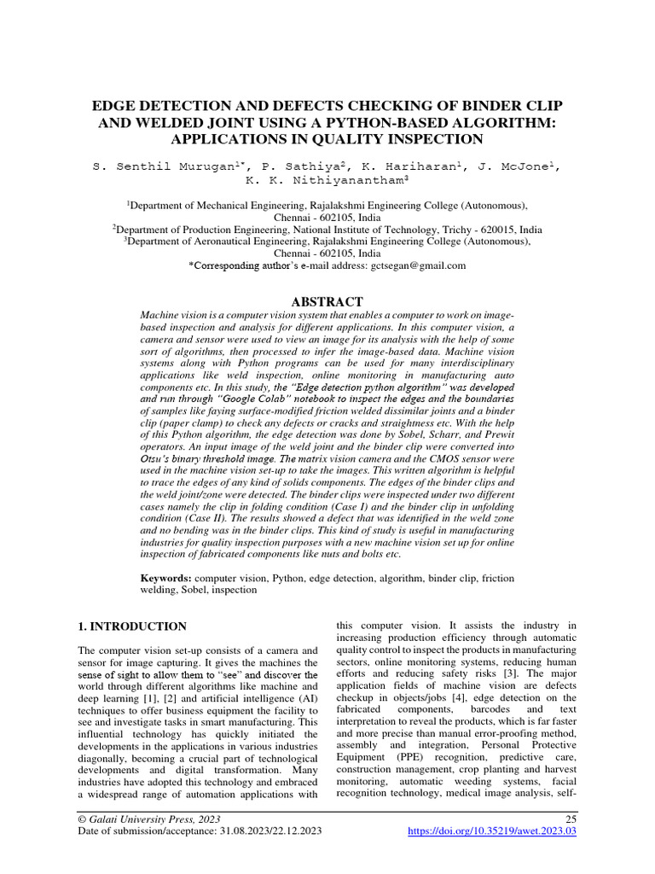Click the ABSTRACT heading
tap(327, 301)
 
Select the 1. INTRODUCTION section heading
tap(132, 626)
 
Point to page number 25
tap(571, 818)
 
